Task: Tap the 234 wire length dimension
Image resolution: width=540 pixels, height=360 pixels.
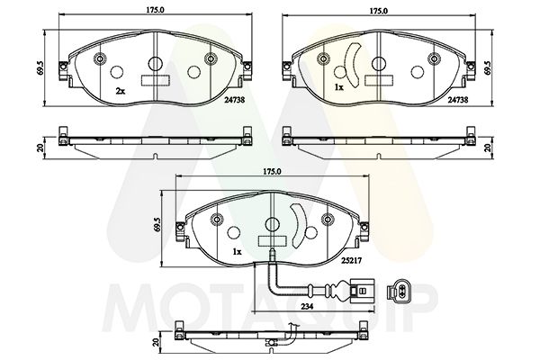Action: [309, 309]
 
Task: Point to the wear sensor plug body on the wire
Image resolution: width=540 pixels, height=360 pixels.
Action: [358, 291]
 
